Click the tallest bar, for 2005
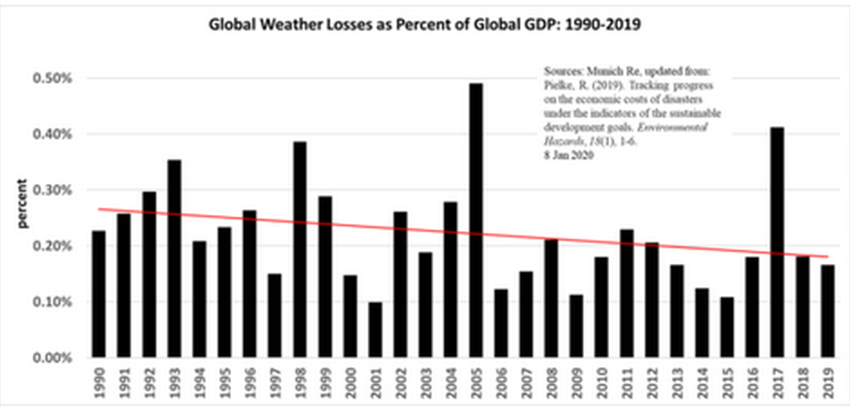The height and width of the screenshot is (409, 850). [476, 221]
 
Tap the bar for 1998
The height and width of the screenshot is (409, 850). [300, 249]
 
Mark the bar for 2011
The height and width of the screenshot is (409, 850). [627, 294]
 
